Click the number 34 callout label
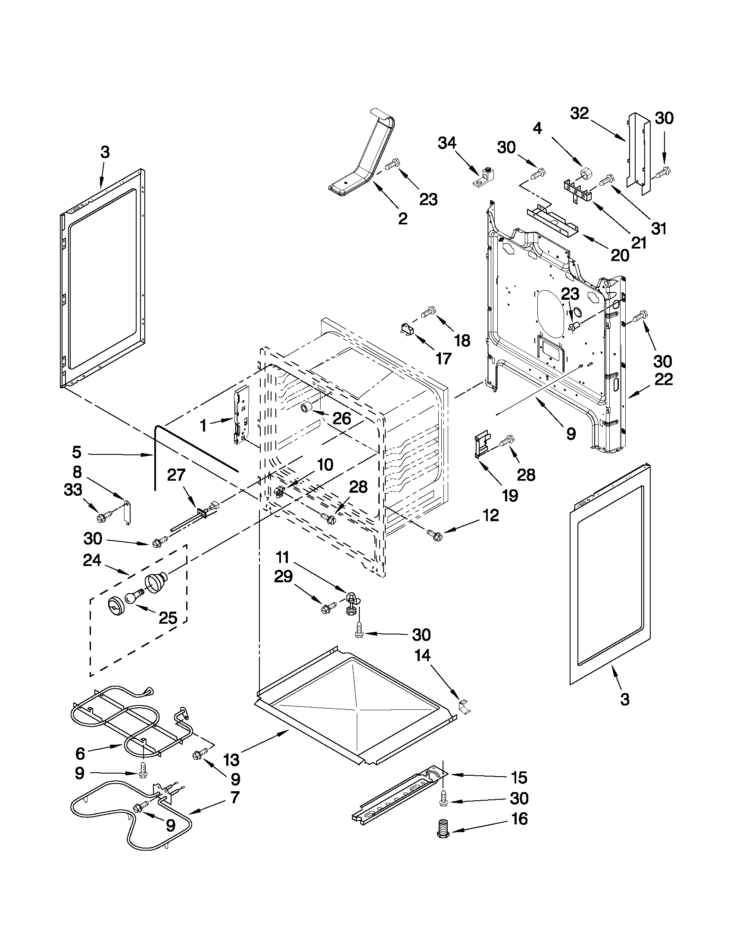(447, 143)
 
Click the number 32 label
(580, 114)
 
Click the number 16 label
(519, 819)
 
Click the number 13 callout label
(231, 760)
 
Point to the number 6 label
(80, 754)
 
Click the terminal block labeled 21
(577, 190)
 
